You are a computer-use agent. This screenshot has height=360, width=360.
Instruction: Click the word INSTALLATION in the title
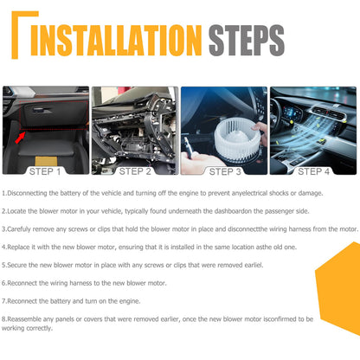coord(116,40)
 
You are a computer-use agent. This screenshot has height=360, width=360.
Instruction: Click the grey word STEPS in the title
coord(247,40)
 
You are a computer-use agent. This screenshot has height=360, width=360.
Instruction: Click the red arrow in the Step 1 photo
coord(20,138)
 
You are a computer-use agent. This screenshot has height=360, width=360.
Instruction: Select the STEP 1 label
coord(45,171)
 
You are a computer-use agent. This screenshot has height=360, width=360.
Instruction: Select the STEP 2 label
coord(135,171)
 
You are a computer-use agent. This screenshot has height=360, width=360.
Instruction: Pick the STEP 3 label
coord(225,171)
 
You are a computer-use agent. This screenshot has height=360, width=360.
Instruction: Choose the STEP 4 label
coord(313,171)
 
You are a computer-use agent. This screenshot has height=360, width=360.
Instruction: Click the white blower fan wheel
coord(237,138)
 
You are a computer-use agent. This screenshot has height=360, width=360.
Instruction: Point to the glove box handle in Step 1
coord(42,110)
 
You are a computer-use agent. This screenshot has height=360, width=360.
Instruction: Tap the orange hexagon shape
coord(338,288)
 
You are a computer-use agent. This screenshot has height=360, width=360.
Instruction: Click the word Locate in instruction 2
coord(16,211)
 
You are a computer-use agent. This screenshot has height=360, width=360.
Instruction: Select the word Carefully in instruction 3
coord(19,229)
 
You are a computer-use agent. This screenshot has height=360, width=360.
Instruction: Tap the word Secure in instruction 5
coord(16,265)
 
